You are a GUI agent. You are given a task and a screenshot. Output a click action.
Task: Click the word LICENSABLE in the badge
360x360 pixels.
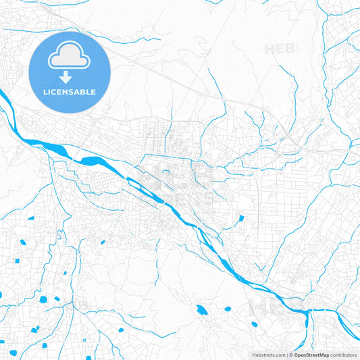[70, 91]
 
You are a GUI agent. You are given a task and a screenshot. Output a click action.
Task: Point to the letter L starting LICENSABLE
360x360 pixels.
[45, 91]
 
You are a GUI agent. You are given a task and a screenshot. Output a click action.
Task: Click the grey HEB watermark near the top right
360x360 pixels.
[280, 49]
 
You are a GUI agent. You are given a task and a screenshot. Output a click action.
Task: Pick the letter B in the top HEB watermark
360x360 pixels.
[291, 49]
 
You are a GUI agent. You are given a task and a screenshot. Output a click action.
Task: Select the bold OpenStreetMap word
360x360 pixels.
[311, 355]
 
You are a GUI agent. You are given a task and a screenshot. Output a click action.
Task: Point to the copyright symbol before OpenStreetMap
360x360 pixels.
[291, 355]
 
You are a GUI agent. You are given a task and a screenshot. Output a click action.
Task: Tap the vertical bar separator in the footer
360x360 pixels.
[287, 355]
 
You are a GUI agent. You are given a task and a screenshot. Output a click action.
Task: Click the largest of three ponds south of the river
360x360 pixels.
[201, 310]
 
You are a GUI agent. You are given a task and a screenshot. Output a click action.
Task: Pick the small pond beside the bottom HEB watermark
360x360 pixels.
[255, 324]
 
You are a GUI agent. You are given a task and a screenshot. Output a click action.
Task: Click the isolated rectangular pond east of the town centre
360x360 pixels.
[241, 218]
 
